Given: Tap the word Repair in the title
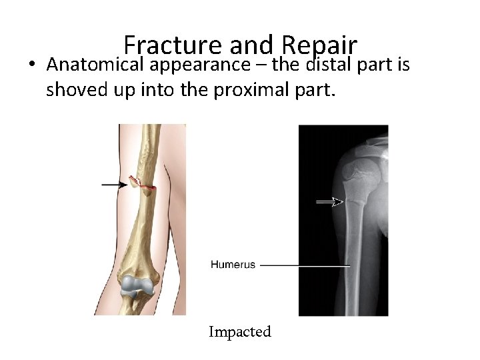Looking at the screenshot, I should [x=320, y=45].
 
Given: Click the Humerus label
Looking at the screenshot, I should [x=233, y=265].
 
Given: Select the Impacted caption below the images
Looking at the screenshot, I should [x=240, y=331].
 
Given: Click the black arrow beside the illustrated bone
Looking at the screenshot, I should [x=114, y=184].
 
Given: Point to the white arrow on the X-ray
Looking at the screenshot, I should [x=329, y=202].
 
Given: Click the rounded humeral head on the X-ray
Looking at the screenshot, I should [x=360, y=175].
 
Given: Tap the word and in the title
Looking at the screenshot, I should [x=252, y=45].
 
